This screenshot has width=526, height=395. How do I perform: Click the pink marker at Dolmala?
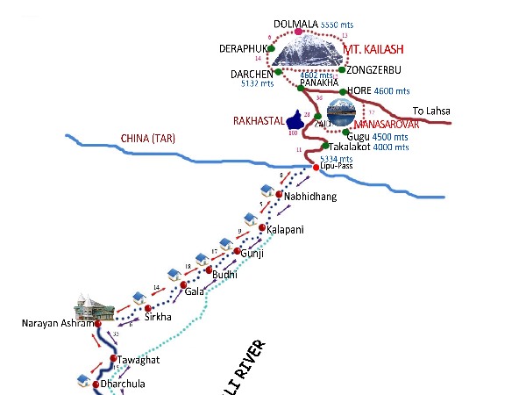[x=299, y=32]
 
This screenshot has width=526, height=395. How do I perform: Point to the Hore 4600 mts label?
[x=376, y=90]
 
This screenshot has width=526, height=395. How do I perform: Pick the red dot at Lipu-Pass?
[x=316, y=167]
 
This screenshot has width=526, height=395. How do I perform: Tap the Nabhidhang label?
[x=310, y=197]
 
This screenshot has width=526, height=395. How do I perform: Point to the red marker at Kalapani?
[x=262, y=227]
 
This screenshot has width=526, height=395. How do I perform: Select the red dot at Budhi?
[x=209, y=269]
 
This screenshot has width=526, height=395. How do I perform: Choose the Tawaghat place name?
[x=139, y=360]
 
